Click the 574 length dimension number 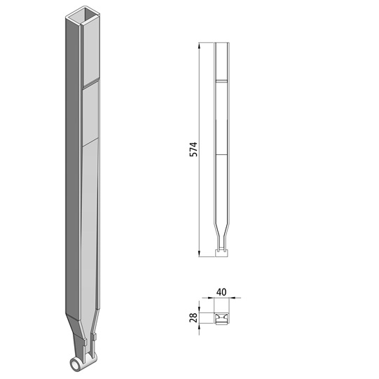(194, 149)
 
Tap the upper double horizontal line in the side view (222, 82)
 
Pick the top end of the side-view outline (222, 43)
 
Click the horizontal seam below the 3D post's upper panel (92, 142)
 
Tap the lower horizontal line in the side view (222, 153)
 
